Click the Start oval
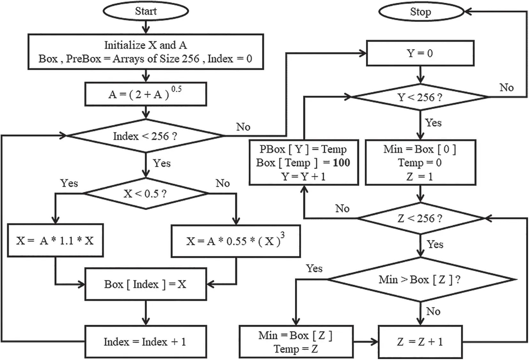pyautogui.click(x=146, y=11)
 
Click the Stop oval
pyautogui.click(x=421, y=12)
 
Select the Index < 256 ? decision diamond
pyautogui.click(x=145, y=136)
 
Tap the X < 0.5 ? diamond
pyautogui.click(x=145, y=194)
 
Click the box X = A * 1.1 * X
pyautogui.click(x=55, y=240)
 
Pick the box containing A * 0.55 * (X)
pyautogui.click(x=236, y=241)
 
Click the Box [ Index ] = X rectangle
pyautogui.click(x=145, y=284)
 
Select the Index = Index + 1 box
pyautogui.click(x=145, y=342)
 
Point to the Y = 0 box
pyautogui.click(x=420, y=53)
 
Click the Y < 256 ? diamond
pyautogui.click(x=420, y=97)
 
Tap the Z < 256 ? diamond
pyautogui.click(x=420, y=218)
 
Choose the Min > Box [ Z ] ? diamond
pyautogui.click(x=420, y=279)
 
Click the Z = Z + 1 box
pyautogui.click(x=420, y=342)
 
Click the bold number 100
pyautogui.click(x=341, y=163)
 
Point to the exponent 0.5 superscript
pyautogui.click(x=176, y=89)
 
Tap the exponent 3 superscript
pyautogui.click(x=283, y=235)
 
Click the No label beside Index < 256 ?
pyautogui.click(x=243, y=127)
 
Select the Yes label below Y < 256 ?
pyautogui.click(x=433, y=123)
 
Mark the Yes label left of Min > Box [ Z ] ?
pyautogui.click(x=314, y=268)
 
